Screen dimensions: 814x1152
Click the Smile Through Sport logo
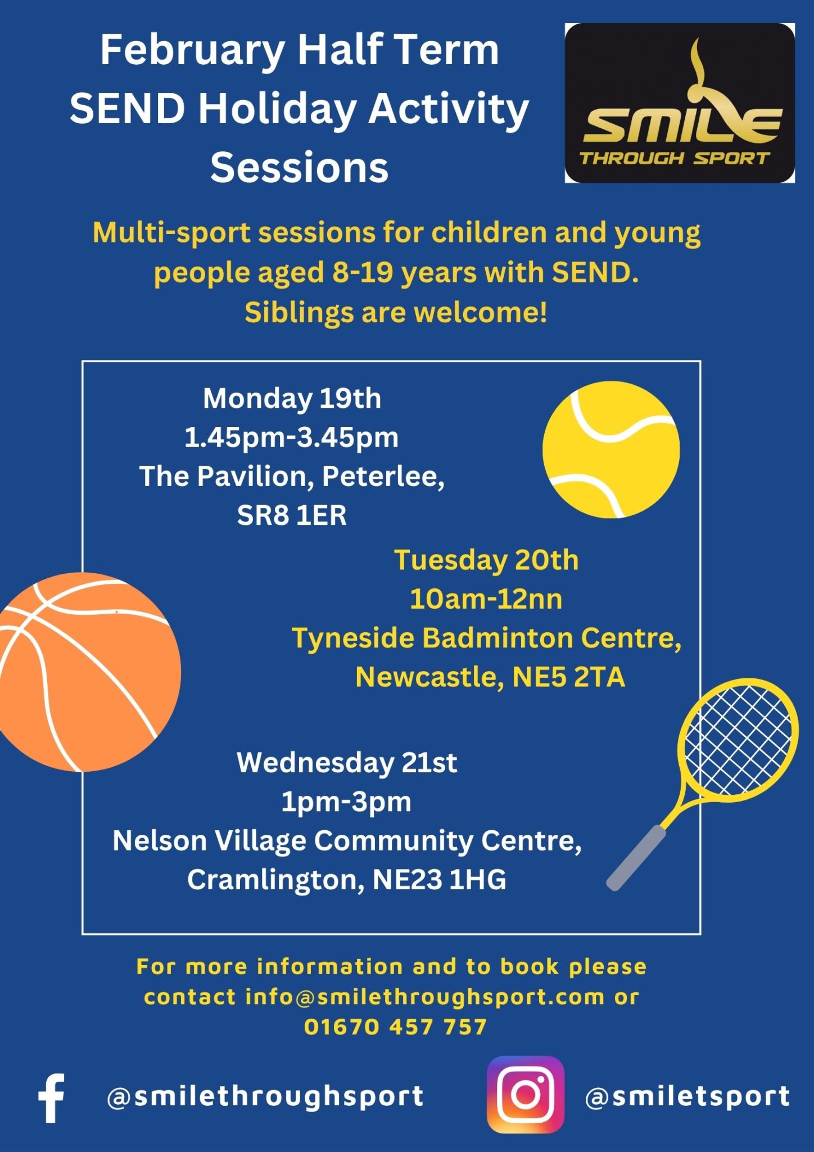tap(680, 103)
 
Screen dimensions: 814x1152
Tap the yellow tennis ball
tap(611, 449)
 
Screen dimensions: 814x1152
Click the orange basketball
tap(87, 672)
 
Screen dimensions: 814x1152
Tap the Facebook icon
tap(51, 1098)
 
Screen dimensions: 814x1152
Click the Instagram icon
tap(525, 1095)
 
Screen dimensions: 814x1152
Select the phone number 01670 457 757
tap(395, 1027)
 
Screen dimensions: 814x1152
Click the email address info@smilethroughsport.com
tap(425, 997)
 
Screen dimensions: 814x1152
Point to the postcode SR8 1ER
tap(292, 515)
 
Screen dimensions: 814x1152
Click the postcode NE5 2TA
tap(568, 677)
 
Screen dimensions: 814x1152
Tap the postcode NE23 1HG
tap(439, 880)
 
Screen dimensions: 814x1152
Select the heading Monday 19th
tap(292, 399)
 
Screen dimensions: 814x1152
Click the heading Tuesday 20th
tap(486, 561)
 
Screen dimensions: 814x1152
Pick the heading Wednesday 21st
tap(347, 763)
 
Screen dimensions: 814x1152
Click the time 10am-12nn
tap(486, 600)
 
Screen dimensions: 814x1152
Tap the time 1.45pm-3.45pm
tap(292, 438)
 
